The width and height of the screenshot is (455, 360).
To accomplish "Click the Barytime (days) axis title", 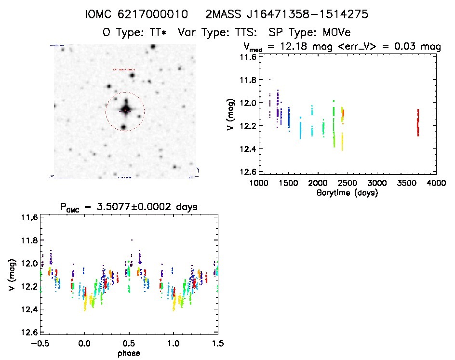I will point(347,193).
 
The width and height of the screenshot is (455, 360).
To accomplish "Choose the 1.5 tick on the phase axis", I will point(218,344).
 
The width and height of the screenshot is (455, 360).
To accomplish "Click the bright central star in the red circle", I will point(126,109).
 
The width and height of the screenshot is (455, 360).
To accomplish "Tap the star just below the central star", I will point(124,127).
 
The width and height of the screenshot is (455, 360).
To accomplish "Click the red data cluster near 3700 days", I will point(418,123).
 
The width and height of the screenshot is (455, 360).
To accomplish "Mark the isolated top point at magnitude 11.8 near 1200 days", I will point(270,79).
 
